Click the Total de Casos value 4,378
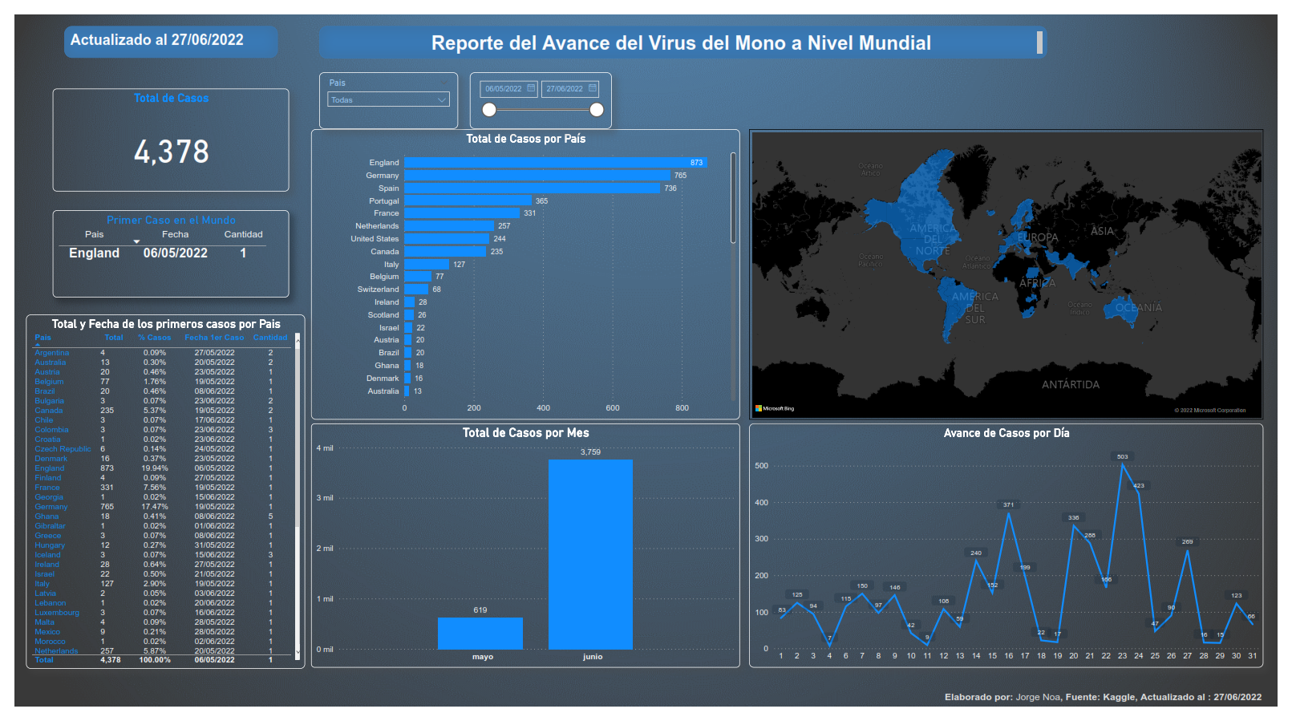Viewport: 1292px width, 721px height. tap(171, 152)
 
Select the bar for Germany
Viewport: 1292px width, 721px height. tap(537, 176)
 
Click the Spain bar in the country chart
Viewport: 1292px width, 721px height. tap(532, 188)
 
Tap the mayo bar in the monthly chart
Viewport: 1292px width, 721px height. tap(480, 633)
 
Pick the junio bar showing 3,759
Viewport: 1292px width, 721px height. tap(590, 554)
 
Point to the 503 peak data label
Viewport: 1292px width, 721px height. tap(1122, 456)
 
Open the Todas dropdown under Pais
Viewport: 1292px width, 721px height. tap(388, 99)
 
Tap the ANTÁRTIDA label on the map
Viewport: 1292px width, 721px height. tap(1070, 385)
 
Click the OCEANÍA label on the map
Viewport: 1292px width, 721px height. tap(1138, 308)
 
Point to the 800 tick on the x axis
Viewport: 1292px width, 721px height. tap(682, 408)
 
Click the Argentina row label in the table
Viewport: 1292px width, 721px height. tap(52, 353)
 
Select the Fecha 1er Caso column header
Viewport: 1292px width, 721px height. tap(214, 338)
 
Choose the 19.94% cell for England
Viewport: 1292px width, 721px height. tap(155, 468)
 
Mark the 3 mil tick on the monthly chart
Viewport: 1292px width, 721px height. tap(325, 498)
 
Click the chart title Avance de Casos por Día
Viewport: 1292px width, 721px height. tap(1006, 433)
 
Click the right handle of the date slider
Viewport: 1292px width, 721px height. tap(597, 110)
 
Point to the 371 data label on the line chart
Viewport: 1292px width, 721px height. tap(1008, 504)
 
